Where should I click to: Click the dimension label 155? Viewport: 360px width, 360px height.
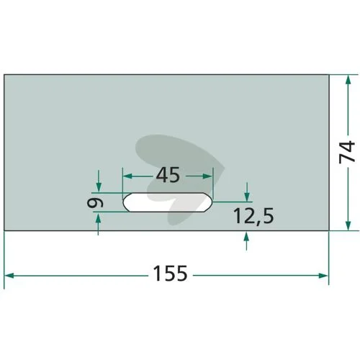[x=170, y=274]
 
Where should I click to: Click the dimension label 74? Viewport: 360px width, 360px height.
[x=347, y=152]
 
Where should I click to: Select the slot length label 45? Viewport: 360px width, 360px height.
[x=168, y=175]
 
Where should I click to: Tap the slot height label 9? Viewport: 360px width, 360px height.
[x=95, y=203]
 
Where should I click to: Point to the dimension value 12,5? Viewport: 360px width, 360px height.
[x=253, y=216]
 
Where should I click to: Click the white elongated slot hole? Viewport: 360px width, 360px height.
[x=168, y=202]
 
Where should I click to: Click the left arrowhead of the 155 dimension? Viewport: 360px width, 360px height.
[x=9, y=275]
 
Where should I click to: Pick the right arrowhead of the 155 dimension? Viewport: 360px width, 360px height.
[x=323, y=275]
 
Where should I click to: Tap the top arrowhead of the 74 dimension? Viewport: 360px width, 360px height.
[x=348, y=80]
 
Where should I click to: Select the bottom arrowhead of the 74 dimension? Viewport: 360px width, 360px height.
[x=348, y=226]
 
